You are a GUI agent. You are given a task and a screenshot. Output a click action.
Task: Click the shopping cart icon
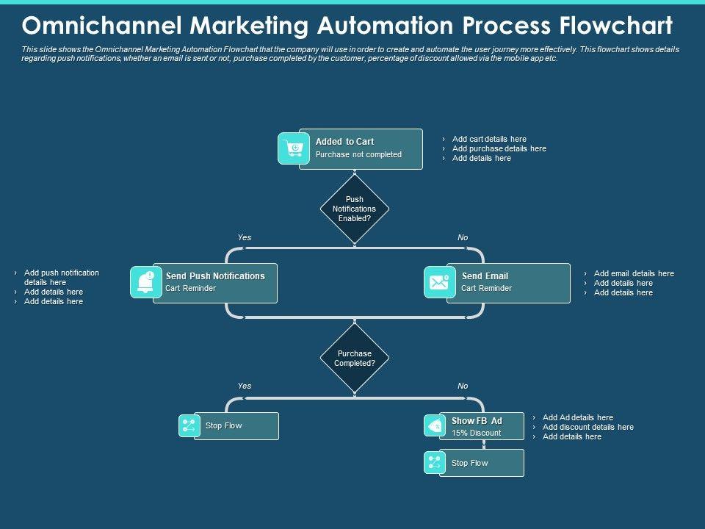pos(294,148)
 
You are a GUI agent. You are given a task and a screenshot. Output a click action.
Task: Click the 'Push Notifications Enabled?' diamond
pos(355,209)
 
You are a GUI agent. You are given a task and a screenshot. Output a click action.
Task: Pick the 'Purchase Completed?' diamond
pos(355,358)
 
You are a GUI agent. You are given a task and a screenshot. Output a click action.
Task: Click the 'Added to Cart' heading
pos(344,142)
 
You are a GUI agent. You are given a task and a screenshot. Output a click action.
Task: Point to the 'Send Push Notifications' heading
pos(215,276)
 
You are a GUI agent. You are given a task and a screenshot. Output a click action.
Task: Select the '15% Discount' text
pos(476,433)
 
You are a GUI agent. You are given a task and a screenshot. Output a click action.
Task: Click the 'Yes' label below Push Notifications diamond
pos(245,237)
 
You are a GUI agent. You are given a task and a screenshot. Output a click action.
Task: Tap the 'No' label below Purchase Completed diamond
pos(463,386)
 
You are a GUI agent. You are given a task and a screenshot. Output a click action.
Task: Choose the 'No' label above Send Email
pos(463,237)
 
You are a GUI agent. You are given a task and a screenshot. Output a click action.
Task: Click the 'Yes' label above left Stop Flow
pos(245,386)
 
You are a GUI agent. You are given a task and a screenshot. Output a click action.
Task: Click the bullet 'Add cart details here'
pos(489,139)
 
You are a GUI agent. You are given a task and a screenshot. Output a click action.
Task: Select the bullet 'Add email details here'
pos(634,273)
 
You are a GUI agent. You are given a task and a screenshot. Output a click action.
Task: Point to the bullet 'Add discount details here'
pos(587,427)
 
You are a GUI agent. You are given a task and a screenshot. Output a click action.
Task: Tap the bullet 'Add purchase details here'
pos(499,148)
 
